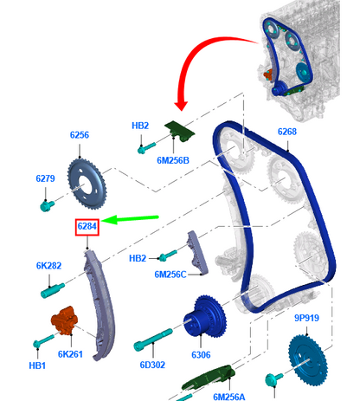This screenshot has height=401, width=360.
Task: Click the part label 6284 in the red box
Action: [87, 226]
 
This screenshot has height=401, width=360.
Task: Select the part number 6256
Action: [80, 135]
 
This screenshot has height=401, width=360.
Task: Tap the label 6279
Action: [45, 178]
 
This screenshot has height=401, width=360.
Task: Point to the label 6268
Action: [287, 132]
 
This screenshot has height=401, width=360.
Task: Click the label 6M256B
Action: [173, 160]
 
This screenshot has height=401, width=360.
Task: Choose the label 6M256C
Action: [170, 275]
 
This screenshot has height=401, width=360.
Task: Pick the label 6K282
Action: [48, 266]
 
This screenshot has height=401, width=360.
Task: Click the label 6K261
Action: [70, 354]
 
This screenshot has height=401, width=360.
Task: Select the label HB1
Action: [37, 365]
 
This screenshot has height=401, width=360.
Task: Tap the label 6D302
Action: [152, 365]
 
